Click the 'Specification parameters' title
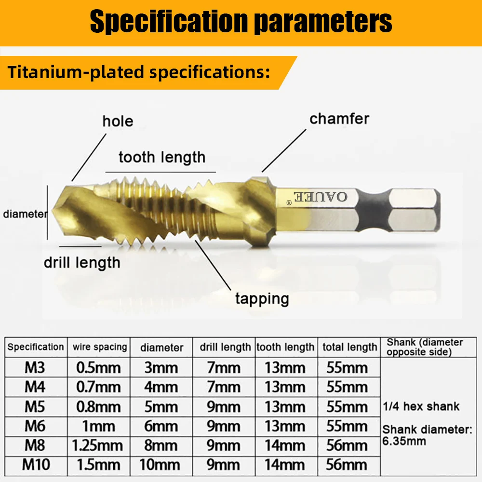tap(241, 21)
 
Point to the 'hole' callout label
tap(118, 121)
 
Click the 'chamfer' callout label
tap(339, 119)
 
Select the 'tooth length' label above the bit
tap(161, 157)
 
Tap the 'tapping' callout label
tap(262, 298)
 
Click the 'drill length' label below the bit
tap(82, 263)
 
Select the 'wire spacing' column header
tap(100, 347)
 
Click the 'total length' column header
tap(350, 347)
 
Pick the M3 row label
tap(35, 368)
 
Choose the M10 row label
tap(35, 465)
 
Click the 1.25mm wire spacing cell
tap(98, 445)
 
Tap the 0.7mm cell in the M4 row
tap(99, 387)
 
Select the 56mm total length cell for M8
tap(347, 445)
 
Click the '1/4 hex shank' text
tap(421, 406)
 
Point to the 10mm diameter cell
tap(161, 465)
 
